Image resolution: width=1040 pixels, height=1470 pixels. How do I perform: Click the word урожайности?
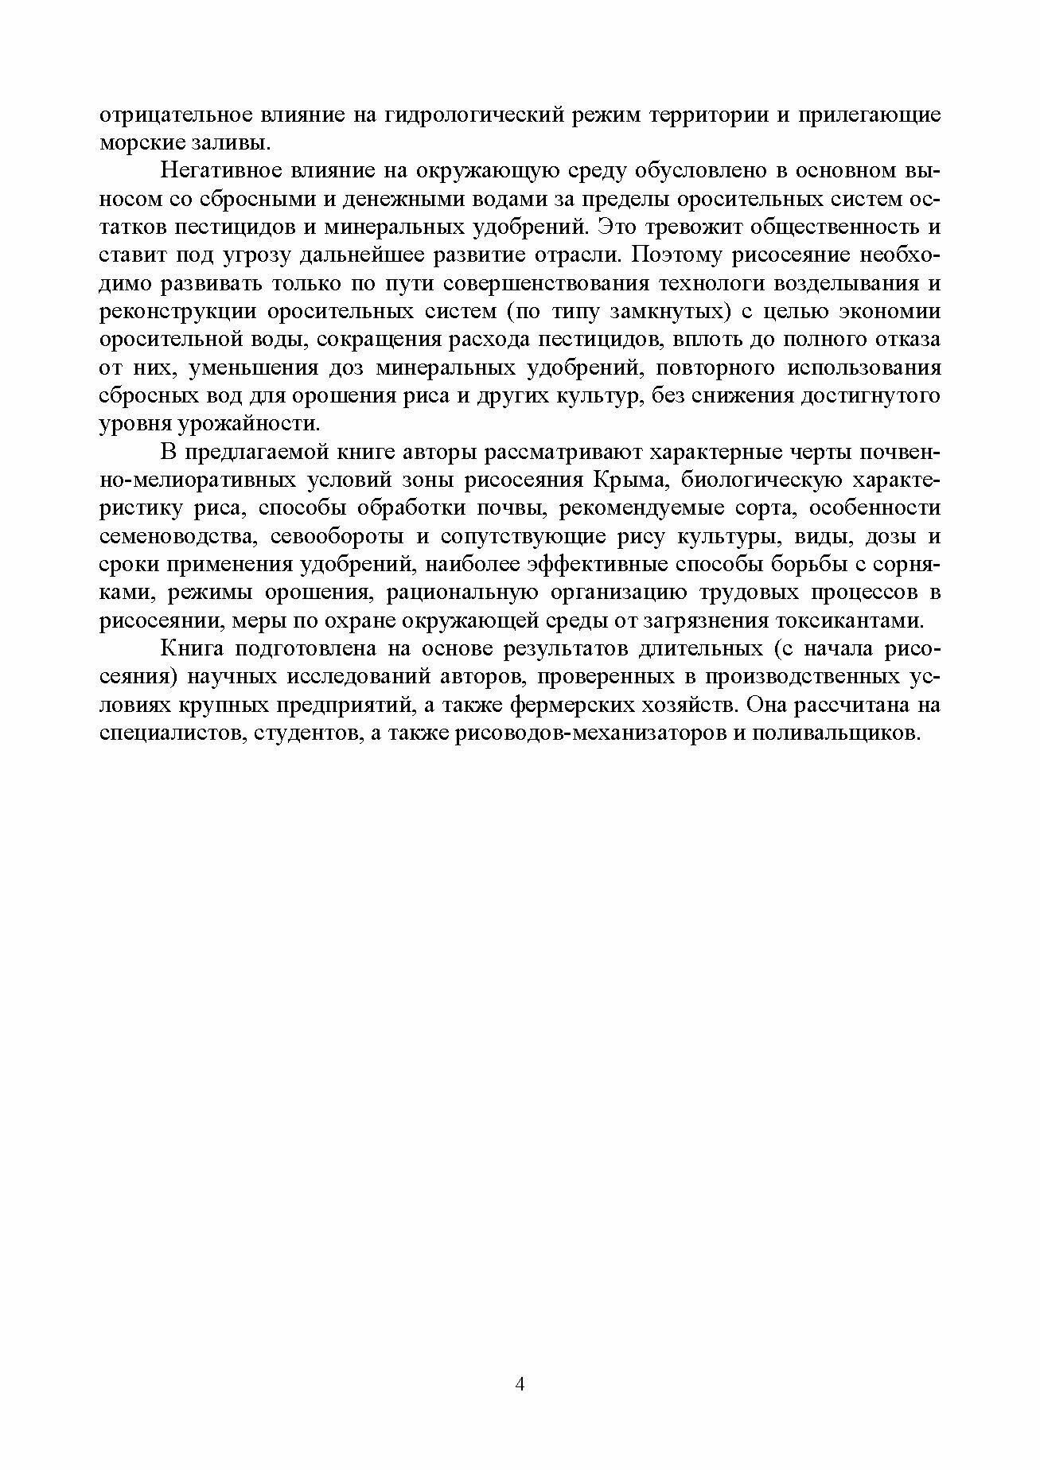click(252, 424)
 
